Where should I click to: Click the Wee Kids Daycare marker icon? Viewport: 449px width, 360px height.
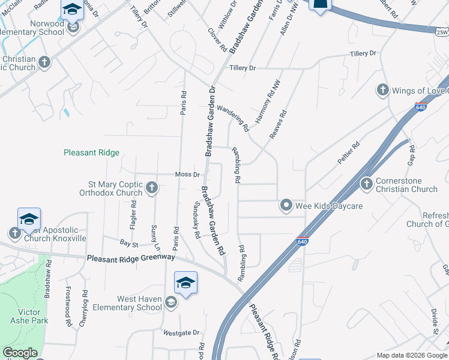pyautogui.click(x=287, y=205)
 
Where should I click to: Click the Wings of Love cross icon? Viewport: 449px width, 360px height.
pyautogui.click(x=382, y=91)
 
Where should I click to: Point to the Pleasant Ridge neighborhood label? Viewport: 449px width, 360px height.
pyautogui.click(x=91, y=153)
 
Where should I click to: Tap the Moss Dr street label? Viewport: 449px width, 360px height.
pyautogui.click(x=187, y=175)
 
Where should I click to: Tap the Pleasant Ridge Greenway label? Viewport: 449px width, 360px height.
pyautogui.click(x=130, y=257)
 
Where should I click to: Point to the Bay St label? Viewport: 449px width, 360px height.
pyautogui.click(x=128, y=244)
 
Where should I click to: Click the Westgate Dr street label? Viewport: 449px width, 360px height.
pyautogui.click(x=181, y=332)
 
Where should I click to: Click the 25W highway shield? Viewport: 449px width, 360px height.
pyautogui.click(x=442, y=32)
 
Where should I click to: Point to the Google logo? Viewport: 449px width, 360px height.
pyautogui.click(x=20, y=353)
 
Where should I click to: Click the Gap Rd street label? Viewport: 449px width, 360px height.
pyautogui.click(x=411, y=155)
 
